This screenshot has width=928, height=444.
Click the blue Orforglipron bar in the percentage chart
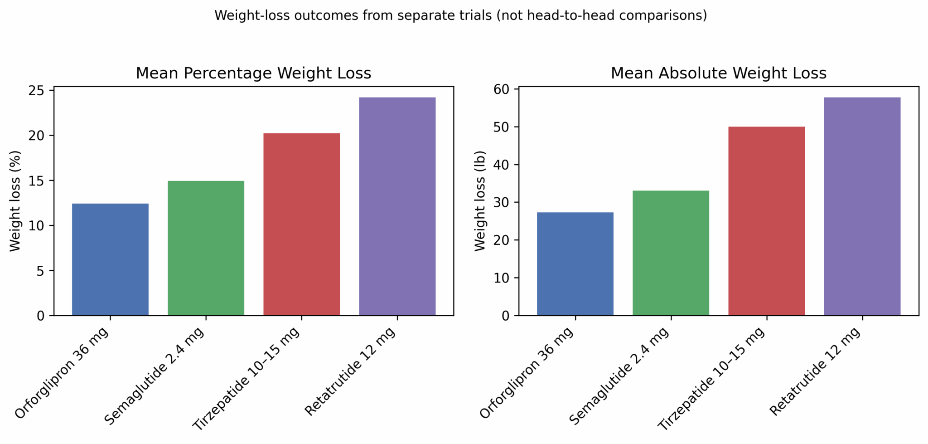click(x=110, y=259)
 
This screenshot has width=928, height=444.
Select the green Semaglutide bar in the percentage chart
click(x=206, y=248)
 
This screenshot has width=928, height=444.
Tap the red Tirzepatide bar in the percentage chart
click(x=301, y=224)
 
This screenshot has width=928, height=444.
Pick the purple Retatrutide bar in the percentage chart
click(x=397, y=206)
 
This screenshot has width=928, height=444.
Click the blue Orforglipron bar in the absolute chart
click(x=575, y=264)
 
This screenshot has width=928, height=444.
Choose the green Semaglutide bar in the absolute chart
click(x=671, y=253)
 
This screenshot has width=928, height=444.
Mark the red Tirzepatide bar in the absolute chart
click(x=766, y=221)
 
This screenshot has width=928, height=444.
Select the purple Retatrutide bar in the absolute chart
click(x=862, y=206)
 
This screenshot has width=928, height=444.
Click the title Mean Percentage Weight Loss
click(x=253, y=73)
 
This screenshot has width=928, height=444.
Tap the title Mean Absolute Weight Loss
click(x=718, y=73)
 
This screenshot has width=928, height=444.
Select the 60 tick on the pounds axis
click(x=502, y=89)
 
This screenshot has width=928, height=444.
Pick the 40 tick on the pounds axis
click(x=502, y=165)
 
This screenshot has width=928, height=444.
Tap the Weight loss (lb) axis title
click(x=480, y=201)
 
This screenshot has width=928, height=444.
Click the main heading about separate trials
click(x=460, y=15)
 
